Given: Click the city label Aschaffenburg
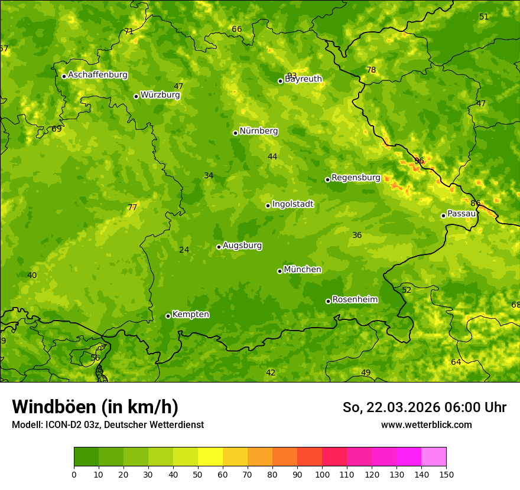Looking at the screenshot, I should [x=97, y=75].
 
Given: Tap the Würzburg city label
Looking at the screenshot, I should [x=160, y=95].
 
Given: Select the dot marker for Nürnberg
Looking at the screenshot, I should [x=235, y=133].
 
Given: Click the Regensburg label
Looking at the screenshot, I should [x=356, y=178].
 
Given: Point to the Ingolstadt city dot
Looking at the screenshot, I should [x=268, y=205].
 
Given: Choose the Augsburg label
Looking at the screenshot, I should [x=242, y=246].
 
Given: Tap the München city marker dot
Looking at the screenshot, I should [x=279, y=271].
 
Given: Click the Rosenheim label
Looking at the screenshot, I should [x=355, y=300].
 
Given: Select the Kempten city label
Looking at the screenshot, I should [x=190, y=315].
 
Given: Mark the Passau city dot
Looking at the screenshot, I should [x=443, y=215].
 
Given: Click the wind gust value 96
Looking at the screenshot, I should [x=419, y=161].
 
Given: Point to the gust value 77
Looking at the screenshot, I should [x=132, y=207].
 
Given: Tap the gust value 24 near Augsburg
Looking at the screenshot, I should [x=184, y=250].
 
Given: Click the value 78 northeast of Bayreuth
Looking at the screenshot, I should [x=371, y=70].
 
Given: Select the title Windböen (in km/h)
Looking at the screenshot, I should [x=95, y=407].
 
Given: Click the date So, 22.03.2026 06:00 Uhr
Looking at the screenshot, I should [x=424, y=407].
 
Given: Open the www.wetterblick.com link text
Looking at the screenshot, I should [x=426, y=425].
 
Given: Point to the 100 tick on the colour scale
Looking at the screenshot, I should [x=322, y=474].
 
